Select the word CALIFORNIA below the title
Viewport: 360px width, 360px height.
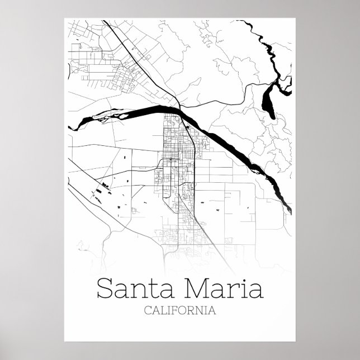coord(179,310)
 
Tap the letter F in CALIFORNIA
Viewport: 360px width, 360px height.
coord(172,310)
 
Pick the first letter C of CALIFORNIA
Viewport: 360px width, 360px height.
coord(148,310)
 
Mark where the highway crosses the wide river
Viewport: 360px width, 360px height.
coord(179,108)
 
